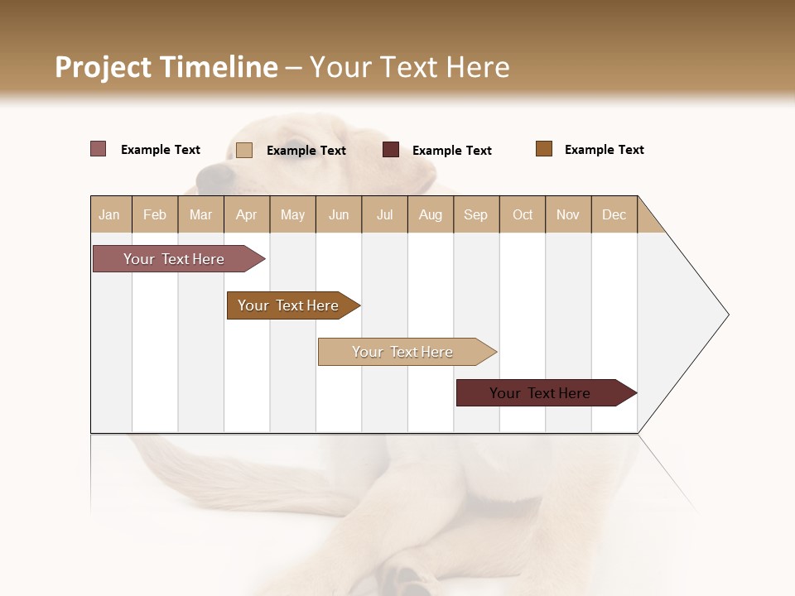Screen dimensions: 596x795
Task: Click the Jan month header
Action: pos(110,214)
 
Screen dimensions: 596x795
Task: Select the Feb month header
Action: pos(155,214)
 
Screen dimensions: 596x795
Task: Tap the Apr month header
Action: pos(247,214)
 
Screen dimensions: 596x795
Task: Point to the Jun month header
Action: pos(339,214)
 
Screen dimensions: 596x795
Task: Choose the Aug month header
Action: pos(431,214)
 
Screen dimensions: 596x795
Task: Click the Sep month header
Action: pos(476,214)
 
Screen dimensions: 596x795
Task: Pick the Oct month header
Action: pos(523,214)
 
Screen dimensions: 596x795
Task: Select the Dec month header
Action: pos(614,214)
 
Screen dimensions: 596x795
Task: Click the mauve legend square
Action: pos(99,149)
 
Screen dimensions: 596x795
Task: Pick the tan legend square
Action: pos(244,150)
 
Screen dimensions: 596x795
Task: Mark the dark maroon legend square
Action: pos(391,150)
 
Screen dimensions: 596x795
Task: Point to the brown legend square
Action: pos(544,149)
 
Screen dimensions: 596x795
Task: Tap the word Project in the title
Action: pos(103,67)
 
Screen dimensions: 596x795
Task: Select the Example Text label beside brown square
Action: pos(604,150)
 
